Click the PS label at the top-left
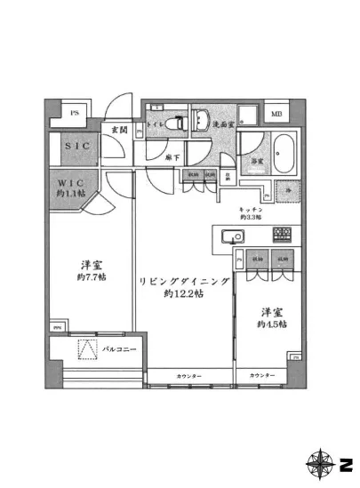[75, 114]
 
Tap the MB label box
[276, 115]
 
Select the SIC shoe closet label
[75, 146]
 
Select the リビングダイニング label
[185, 282]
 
